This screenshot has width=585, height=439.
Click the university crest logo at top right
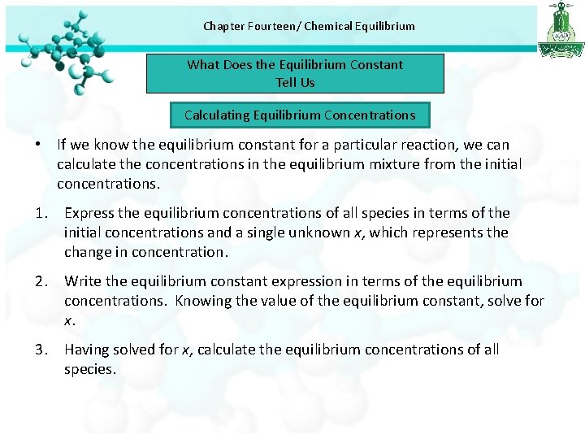tap(560, 29)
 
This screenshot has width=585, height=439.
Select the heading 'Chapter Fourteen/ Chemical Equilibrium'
tap(309, 26)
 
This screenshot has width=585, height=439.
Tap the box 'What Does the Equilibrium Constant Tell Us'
tap(295, 73)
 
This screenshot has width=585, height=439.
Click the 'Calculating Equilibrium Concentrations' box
tap(299, 115)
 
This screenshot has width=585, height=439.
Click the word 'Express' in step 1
tap(90, 213)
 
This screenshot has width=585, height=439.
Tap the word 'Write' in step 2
tap(83, 281)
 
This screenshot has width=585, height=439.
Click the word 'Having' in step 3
tap(87, 350)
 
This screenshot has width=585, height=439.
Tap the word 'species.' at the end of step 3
tap(90, 369)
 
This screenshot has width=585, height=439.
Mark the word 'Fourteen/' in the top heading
tap(271, 26)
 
